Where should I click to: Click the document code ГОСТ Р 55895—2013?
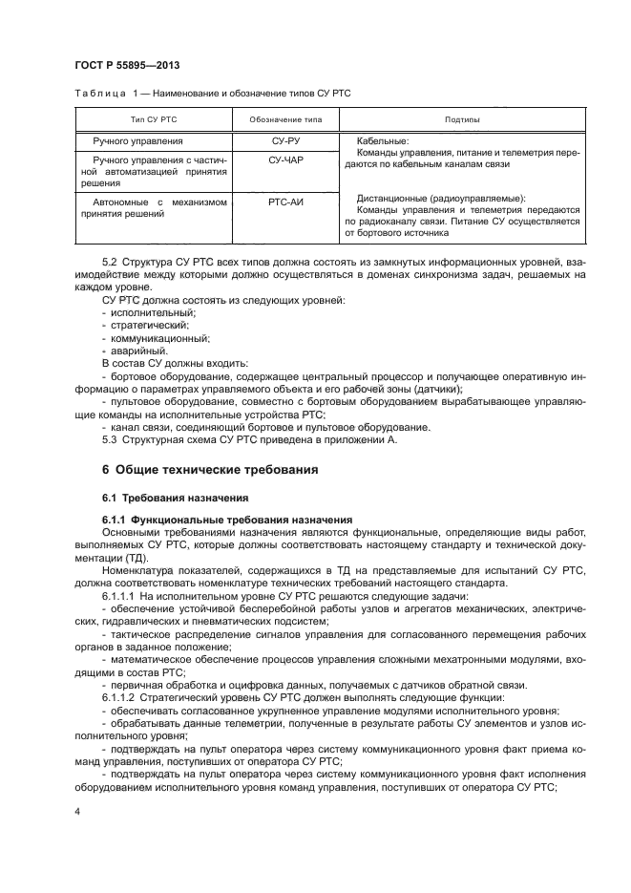click(127, 65)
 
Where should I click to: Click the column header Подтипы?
click(462, 120)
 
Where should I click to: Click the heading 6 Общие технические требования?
click(209, 470)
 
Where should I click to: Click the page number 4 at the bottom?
click(77, 811)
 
